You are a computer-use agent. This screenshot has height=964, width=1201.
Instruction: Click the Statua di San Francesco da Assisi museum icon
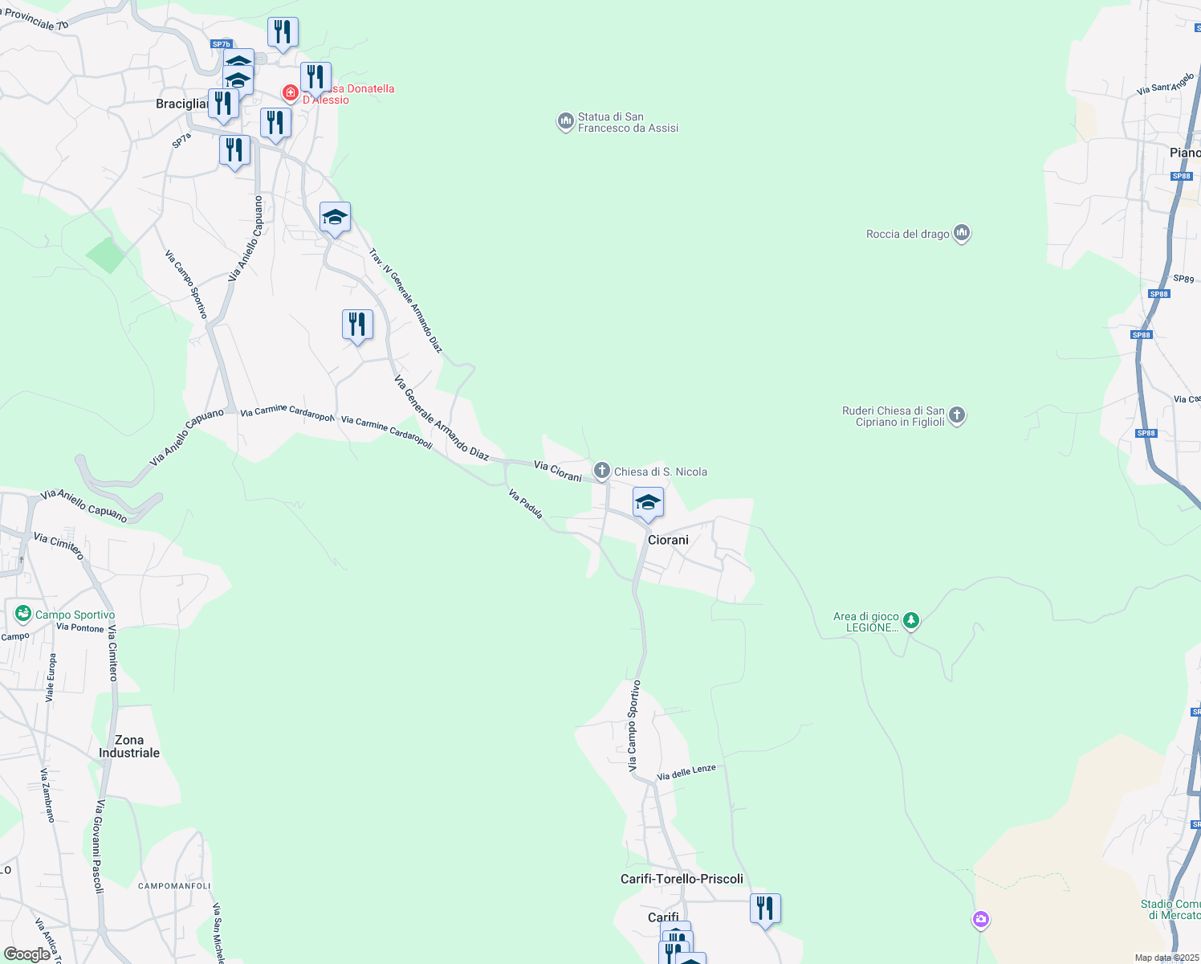click(x=565, y=122)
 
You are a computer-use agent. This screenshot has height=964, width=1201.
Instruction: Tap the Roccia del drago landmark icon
click(x=962, y=234)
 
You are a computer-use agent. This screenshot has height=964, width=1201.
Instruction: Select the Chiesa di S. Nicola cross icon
click(x=601, y=471)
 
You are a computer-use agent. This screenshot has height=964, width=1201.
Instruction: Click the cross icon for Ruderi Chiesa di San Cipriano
click(x=956, y=415)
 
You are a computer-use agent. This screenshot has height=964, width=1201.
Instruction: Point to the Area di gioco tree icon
click(x=910, y=620)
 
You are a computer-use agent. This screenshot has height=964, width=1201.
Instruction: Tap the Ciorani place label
click(x=668, y=540)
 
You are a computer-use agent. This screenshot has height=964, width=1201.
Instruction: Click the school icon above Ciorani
click(x=648, y=503)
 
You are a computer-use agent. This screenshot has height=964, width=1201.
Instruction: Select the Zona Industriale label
click(x=129, y=746)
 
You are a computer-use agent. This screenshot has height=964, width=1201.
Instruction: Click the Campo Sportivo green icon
click(x=23, y=615)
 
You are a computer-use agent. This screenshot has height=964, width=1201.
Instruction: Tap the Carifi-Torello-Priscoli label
click(x=682, y=879)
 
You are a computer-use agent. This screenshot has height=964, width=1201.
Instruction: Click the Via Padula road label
click(x=526, y=504)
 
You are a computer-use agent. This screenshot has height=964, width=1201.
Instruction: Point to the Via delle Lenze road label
click(x=686, y=772)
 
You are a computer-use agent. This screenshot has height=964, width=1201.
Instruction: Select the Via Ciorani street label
click(x=558, y=471)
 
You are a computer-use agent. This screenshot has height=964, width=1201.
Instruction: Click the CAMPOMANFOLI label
click(x=174, y=886)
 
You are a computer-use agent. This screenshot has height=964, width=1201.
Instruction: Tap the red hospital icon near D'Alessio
click(x=290, y=93)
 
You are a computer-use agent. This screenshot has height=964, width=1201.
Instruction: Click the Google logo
click(x=26, y=954)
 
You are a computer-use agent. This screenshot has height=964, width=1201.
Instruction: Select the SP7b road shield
click(x=221, y=44)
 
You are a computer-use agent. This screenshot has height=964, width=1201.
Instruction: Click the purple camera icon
click(x=980, y=919)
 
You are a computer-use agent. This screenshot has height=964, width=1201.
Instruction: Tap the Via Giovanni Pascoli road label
click(x=100, y=846)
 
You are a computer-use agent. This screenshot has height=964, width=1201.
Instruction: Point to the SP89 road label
click(x=1183, y=279)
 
